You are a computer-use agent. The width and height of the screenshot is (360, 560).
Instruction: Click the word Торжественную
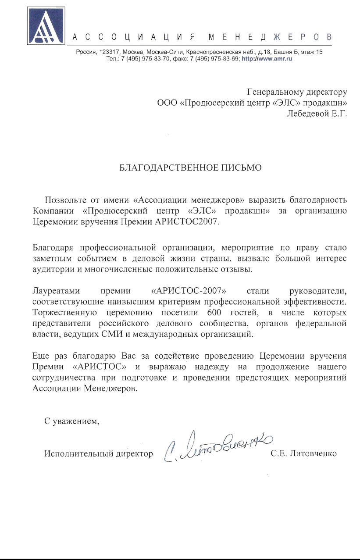click(61, 313)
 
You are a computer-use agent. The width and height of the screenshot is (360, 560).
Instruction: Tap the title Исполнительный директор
click(98, 454)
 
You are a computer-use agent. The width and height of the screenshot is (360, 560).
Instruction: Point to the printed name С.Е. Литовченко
click(304, 454)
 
